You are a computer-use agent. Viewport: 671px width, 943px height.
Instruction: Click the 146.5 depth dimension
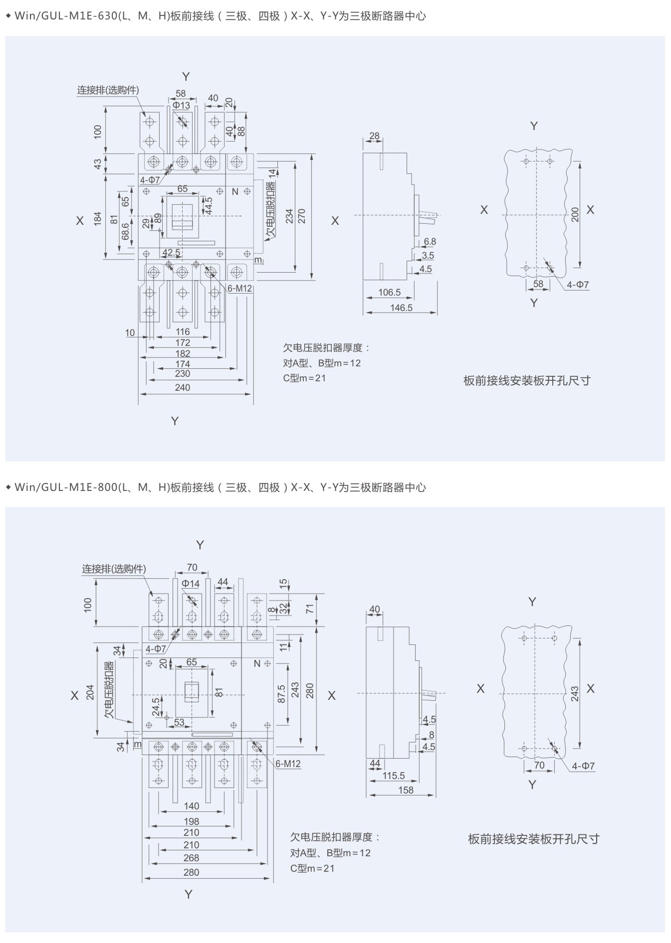401,308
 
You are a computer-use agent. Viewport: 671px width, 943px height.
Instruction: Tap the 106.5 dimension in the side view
390,292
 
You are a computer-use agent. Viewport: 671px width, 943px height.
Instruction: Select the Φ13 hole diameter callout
182,105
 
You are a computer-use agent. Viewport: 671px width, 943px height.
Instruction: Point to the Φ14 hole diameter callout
191,583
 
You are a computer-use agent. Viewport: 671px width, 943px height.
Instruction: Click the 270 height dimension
301,216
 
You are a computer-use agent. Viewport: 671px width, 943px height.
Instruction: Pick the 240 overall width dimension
182,387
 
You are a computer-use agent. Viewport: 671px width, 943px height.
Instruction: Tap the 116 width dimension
183,331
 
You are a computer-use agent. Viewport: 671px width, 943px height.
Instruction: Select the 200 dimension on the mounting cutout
575,215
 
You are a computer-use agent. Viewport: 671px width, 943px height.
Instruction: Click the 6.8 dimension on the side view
430,241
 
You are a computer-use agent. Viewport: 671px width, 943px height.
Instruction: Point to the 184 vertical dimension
98,218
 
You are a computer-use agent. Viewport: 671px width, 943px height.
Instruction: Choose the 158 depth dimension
406,790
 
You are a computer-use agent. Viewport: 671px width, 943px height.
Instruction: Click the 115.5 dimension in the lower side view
394,776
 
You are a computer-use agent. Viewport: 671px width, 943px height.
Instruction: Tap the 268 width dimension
191,858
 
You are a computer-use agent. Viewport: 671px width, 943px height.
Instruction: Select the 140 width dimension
191,806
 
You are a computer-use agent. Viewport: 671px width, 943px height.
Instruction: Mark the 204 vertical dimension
90,692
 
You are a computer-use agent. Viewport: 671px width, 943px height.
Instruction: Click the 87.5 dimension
281,694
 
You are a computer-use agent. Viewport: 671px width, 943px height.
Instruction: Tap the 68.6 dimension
125,231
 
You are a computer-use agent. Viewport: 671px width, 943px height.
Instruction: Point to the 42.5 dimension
172,253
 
